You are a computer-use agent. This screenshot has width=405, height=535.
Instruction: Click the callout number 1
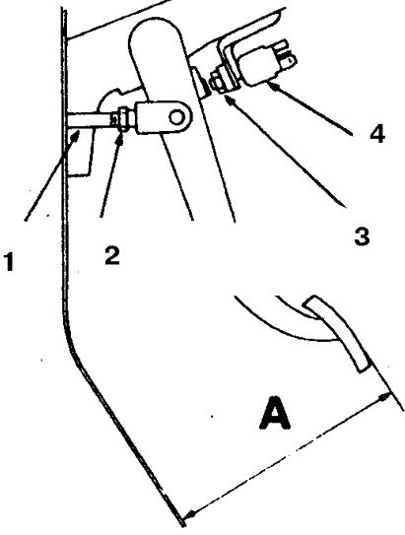9,260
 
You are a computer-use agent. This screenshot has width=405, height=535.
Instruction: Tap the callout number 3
362,236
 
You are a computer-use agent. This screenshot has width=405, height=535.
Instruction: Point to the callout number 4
377,133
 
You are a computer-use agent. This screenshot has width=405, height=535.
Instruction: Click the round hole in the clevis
176,117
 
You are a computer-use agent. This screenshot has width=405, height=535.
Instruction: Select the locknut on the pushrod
123,119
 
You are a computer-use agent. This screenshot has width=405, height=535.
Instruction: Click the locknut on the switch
217,82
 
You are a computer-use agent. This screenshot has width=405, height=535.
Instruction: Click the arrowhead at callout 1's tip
76,136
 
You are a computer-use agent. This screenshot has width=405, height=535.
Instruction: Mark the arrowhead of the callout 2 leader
120,137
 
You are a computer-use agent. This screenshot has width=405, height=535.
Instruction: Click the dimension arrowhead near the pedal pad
385,397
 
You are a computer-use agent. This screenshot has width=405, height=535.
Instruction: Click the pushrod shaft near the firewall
90,120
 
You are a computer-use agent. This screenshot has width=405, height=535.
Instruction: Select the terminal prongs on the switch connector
285,53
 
